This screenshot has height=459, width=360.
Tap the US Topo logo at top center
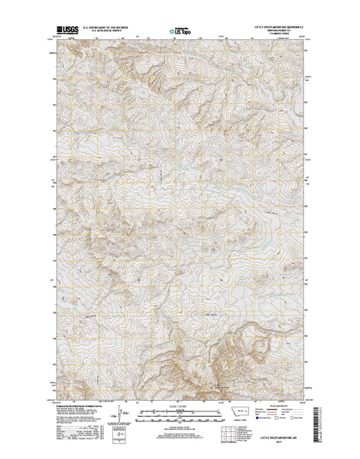click(180, 33)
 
